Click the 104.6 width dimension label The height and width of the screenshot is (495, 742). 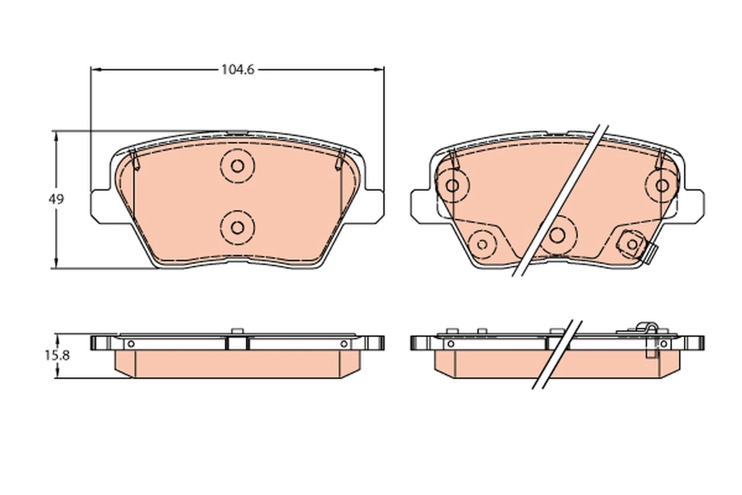237,70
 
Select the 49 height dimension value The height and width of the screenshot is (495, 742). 56,199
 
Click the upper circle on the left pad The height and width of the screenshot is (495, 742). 237,165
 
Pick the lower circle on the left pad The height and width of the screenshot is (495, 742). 237,226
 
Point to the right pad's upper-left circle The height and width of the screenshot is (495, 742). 453,185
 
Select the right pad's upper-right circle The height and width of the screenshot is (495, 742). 662,185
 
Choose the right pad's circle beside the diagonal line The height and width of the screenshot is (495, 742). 558,234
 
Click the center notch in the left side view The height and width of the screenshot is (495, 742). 237,342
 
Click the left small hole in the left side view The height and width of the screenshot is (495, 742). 130,343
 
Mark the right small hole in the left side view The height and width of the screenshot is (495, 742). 344,343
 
